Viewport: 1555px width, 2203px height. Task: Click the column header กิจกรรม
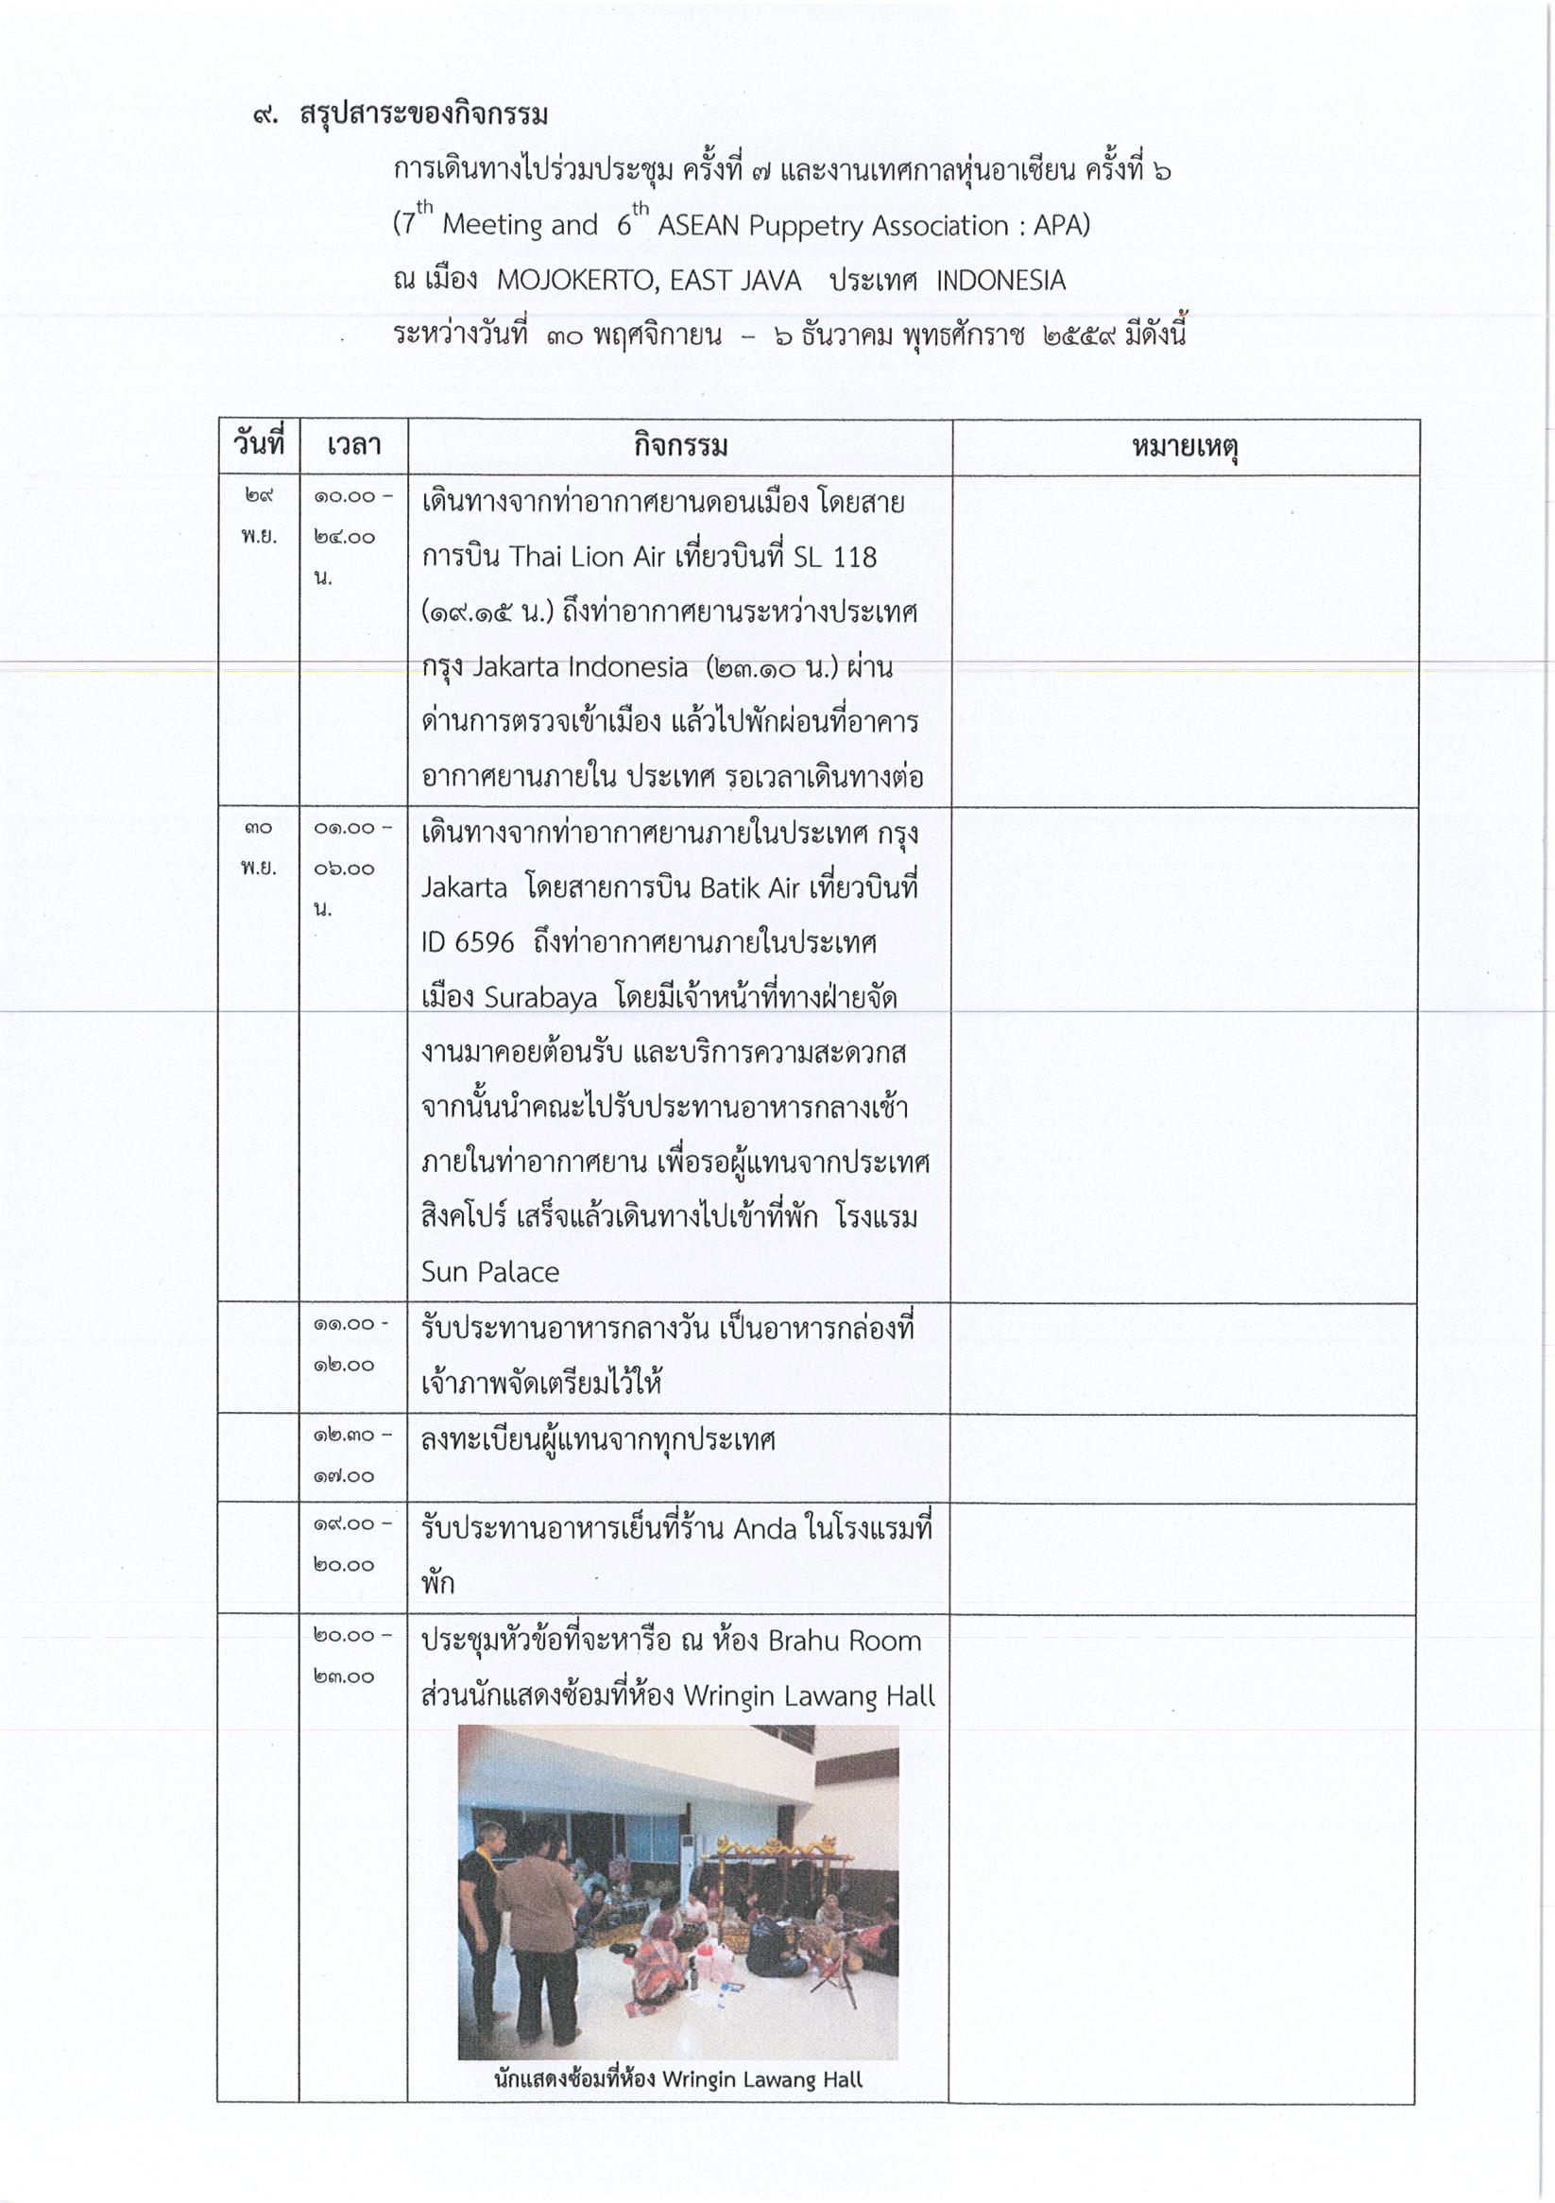680,447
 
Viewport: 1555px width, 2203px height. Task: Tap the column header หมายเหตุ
1185,447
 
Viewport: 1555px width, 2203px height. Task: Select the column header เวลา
353,446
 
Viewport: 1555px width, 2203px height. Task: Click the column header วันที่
259,445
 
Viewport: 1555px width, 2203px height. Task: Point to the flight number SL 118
834,558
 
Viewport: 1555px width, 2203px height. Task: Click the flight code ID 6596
468,942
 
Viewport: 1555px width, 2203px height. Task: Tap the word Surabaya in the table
540,998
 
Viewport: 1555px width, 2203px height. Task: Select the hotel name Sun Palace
490,1272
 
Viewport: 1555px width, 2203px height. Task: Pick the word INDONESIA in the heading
1000,281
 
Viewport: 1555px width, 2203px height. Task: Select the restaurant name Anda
764,1528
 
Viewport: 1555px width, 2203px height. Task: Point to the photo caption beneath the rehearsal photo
678,2080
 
